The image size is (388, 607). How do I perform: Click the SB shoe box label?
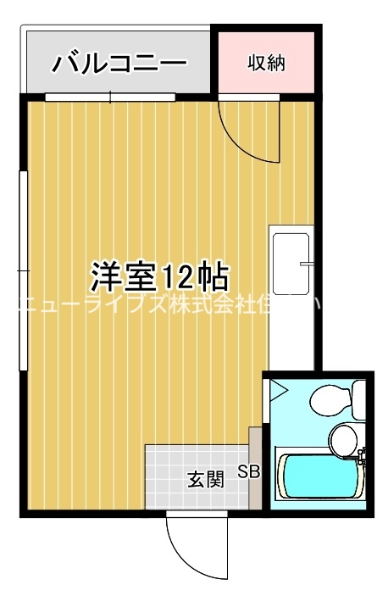pos(249,471)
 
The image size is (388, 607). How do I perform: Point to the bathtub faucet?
pos(363,461)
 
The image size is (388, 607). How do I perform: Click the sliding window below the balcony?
pos(110,97)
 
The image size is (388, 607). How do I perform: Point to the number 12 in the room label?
pos(175,275)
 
